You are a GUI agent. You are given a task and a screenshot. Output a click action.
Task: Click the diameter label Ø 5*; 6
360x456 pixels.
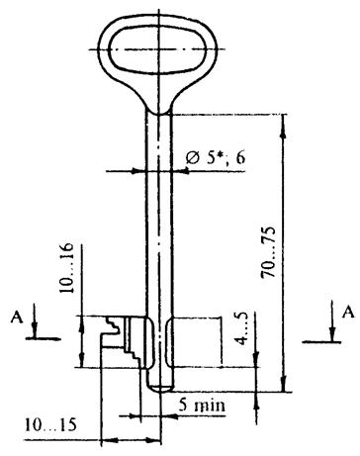(216, 158)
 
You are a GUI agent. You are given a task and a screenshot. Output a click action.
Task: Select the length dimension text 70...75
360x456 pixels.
(269, 252)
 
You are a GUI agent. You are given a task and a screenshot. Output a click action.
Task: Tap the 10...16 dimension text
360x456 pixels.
(66, 268)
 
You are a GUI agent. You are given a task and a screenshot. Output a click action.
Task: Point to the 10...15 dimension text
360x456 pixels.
(50, 424)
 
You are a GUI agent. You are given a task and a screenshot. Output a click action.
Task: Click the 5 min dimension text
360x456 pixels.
(202, 405)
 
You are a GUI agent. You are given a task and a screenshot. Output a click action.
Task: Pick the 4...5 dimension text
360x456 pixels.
(243, 328)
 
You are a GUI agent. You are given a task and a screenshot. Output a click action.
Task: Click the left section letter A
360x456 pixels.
(17, 318)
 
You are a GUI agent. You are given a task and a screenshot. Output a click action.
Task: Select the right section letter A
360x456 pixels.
(348, 312)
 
